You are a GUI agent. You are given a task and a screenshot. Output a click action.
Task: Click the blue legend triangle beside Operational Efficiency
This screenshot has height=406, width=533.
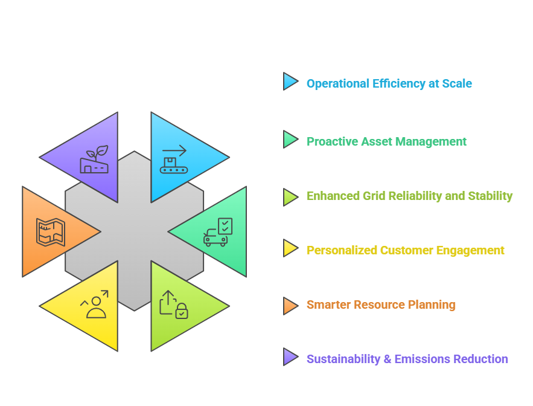pyautogui.click(x=290, y=82)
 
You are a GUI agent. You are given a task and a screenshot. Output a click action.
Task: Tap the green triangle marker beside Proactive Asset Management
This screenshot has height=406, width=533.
pyautogui.click(x=290, y=139)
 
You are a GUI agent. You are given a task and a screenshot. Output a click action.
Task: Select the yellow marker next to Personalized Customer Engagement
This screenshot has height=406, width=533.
pyautogui.click(x=290, y=248)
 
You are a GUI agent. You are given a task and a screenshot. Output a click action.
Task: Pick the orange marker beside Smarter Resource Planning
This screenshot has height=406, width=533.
pyautogui.click(x=290, y=306)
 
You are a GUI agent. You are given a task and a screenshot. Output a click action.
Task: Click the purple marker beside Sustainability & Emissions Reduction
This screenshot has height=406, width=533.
pyautogui.click(x=290, y=357)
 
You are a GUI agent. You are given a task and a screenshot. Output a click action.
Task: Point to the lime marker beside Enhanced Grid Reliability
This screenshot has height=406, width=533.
pyautogui.click(x=290, y=197)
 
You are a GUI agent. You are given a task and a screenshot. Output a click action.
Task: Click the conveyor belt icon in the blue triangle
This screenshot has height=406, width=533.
pyautogui.click(x=174, y=166)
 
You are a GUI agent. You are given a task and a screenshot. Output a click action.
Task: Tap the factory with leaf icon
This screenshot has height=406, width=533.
pyautogui.click(x=94, y=159)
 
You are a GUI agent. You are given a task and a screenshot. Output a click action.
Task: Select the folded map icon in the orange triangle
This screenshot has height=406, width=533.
pyautogui.click(x=51, y=232)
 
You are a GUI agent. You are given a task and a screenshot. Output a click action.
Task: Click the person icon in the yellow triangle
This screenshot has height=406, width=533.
pyautogui.click(x=96, y=308)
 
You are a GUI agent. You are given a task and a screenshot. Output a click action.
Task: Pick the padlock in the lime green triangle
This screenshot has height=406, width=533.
pyautogui.click(x=182, y=311)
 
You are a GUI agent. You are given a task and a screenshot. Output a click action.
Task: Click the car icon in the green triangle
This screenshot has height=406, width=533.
pyautogui.click(x=215, y=237)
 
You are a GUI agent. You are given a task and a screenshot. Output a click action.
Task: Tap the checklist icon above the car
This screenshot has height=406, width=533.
pyautogui.click(x=225, y=226)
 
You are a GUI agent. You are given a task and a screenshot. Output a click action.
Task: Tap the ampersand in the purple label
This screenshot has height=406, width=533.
pyautogui.click(x=387, y=359)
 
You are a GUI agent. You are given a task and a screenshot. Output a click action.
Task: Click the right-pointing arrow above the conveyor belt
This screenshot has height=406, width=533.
pyautogui.click(x=174, y=150)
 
